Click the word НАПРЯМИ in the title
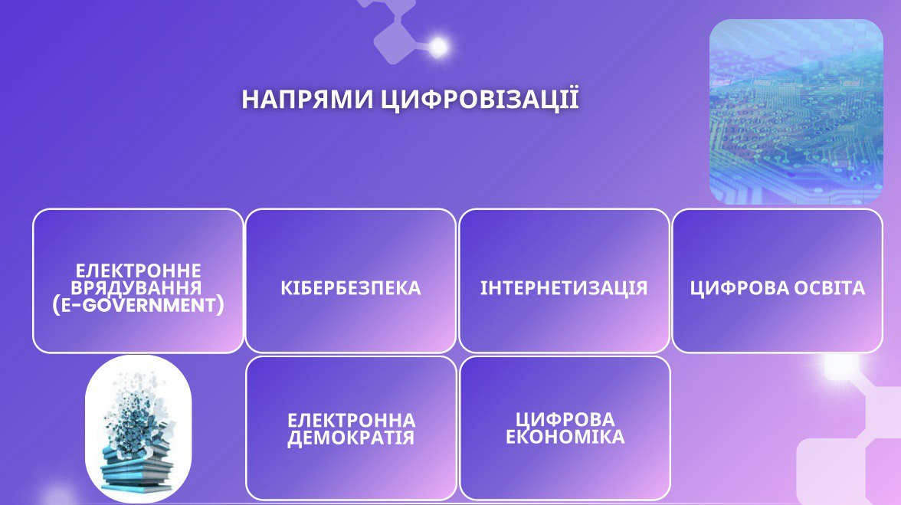pyautogui.click(x=306, y=100)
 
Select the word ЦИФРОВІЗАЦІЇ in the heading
pyautogui.click(x=480, y=100)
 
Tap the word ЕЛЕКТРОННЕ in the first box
pyautogui.click(x=139, y=270)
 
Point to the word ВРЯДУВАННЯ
pyautogui.click(x=136, y=287)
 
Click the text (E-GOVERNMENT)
pyautogui.click(x=138, y=305)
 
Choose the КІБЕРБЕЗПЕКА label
pyautogui.click(x=351, y=288)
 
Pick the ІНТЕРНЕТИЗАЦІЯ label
pyautogui.click(x=564, y=287)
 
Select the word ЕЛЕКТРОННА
pyautogui.click(x=351, y=420)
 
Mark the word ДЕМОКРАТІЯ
pyautogui.click(x=351, y=438)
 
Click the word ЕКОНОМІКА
pyautogui.click(x=565, y=437)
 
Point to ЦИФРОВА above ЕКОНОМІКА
pyautogui.click(x=565, y=419)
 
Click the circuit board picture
pyautogui.click(x=796, y=112)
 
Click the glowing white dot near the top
pyautogui.click(x=438, y=47)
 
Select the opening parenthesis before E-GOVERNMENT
pyautogui.click(x=56, y=306)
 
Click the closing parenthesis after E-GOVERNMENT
pyautogui.click(x=221, y=306)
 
